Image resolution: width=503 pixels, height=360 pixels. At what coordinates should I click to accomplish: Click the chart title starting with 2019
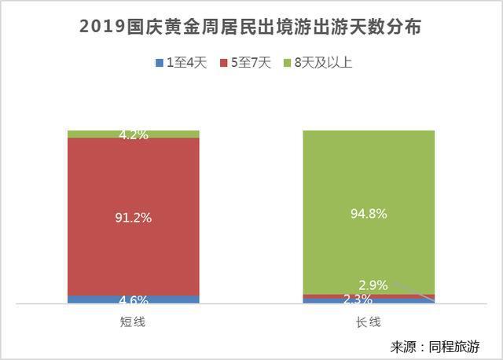click(251, 28)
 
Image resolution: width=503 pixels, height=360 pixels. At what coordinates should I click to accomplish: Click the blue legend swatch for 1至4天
click(160, 63)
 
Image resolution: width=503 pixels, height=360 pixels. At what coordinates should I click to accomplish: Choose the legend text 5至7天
click(249, 63)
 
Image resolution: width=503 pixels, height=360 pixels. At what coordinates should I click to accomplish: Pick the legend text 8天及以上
click(321, 63)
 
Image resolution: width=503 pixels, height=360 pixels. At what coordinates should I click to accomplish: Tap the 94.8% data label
click(369, 213)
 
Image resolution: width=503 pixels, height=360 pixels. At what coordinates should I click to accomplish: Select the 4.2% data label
click(133, 134)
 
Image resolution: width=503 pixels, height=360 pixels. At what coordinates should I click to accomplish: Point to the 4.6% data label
click(133, 299)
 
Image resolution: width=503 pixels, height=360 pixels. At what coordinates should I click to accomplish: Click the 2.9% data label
click(373, 285)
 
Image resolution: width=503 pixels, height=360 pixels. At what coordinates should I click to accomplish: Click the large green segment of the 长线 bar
click(369, 173)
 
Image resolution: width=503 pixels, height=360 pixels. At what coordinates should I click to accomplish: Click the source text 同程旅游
click(454, 347)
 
